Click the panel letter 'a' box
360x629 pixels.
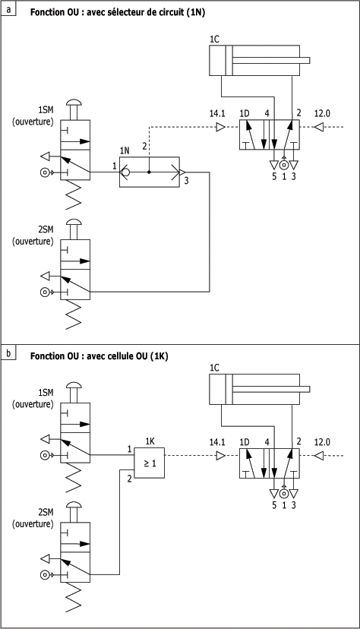click(8, 8)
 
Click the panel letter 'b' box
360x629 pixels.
click(8, 352)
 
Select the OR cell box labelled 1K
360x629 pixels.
click(149, 463)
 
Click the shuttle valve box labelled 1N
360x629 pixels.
click(150, 172)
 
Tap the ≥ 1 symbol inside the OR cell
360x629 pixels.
click(150, 463)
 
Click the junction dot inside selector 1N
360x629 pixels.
click(149, 172)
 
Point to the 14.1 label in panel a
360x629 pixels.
click(217, 113)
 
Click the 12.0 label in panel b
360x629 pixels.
click(322, 442)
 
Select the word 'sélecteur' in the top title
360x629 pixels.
click(115, 12)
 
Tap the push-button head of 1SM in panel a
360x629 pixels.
click(75, 103)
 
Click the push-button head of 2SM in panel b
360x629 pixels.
click(75, 505)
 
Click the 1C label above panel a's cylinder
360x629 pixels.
click(214, 40)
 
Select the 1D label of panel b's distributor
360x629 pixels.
click(245, 442)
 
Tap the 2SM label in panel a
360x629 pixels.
click(46, 230)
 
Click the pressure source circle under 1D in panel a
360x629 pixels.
click(284, 165)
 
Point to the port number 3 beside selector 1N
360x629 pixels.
click(186, 181)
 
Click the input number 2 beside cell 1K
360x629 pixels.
click(129, 479)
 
